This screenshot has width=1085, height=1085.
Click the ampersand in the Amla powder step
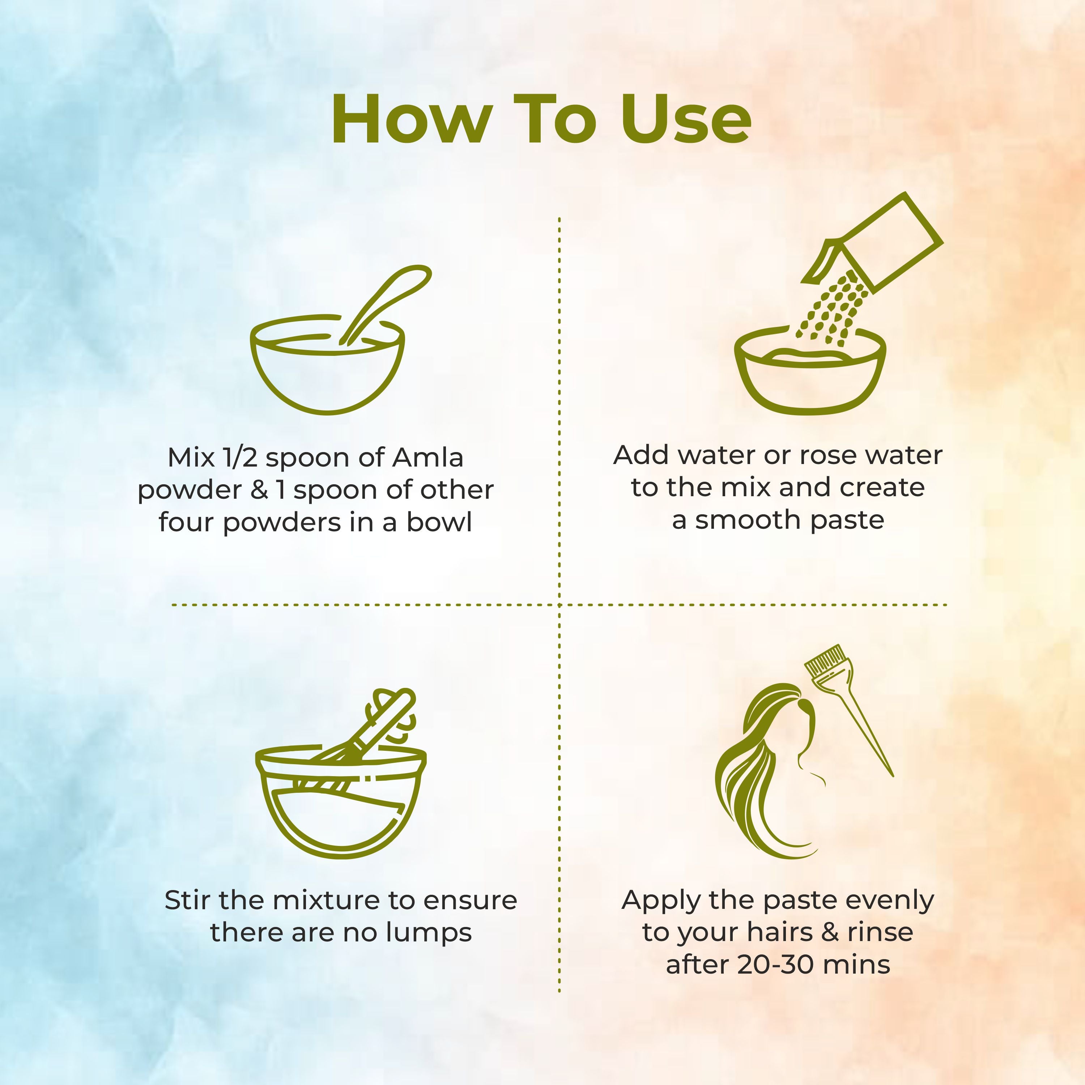click(x=259, y=490)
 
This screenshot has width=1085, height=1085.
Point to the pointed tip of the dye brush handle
click(x=892, y=775)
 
